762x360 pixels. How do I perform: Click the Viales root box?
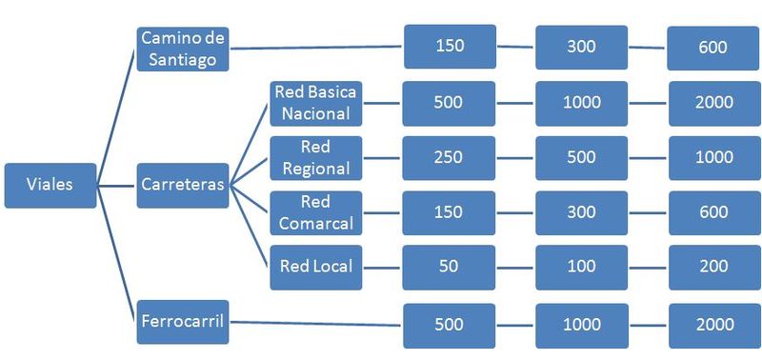tap(50, 185)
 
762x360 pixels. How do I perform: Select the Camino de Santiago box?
tap(184, 48)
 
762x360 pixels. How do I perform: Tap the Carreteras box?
tap(184, 185)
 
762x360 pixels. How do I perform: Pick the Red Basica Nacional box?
tap(314, 104)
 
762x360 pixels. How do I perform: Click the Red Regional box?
tap(314, 158)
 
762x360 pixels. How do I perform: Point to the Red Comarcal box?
tap(314, 212)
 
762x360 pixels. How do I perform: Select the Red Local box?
tap(314, 267)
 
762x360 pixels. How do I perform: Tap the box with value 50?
tap(449, 267)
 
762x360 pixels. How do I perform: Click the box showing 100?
tap(581, 267)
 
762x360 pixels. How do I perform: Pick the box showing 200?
tap(713, 267)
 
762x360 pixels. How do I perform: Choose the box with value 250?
tap(449, 158)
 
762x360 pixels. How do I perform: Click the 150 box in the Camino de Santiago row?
tap(450, 47)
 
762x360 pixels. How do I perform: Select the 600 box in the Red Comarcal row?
tap(713, 212)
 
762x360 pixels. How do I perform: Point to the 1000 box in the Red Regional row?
tap(713, 158)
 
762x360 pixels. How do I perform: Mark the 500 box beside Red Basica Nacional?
tap(449, 104)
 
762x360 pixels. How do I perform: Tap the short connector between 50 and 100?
tap(515, 267)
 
